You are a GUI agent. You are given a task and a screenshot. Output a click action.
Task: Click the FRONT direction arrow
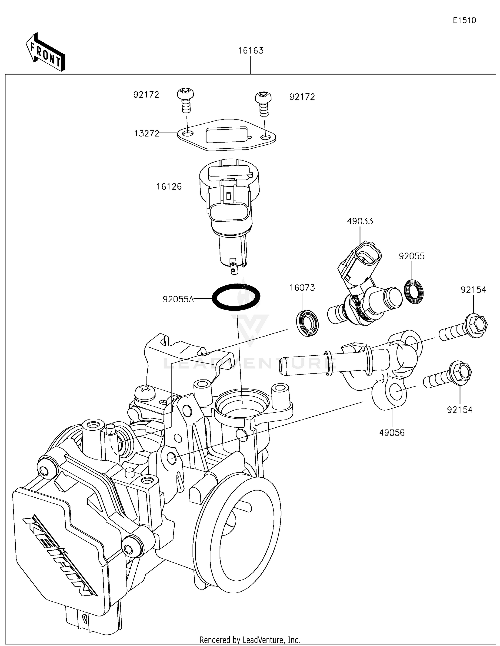pyautogui.click(x=45, y=53)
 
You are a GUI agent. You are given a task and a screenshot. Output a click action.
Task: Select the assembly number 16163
pyautogui.click(x=250, y=51)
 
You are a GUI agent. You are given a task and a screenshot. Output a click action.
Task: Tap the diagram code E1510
pyautogui.click(x=464, y=20)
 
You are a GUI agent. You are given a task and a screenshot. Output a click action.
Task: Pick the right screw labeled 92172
pyautogui.click(x=263, y=103)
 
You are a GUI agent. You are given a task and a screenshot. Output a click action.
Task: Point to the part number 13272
pyautogui.click(x=146, y=134)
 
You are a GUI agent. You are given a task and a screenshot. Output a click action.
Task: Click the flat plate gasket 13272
pyautogui.click(x=226, y=137)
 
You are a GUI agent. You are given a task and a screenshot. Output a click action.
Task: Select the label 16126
pyautogui.click(x=169, y=187)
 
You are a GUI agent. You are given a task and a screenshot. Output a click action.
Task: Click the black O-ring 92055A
pyautogui.click(x=236, y=297)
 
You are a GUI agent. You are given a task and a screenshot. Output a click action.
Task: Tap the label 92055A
pyautogui.click(x=178, y=299)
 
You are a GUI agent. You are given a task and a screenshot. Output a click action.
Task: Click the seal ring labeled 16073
pyautogui.click(x=307, y=323)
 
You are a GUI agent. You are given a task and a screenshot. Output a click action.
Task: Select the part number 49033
pyautogui.click(x=360, y=221)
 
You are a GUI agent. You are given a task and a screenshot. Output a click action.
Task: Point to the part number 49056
pyautogui.click(x=392, y=433)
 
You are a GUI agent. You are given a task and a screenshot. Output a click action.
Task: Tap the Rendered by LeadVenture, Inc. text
pyautogui.click(x=250, y=640)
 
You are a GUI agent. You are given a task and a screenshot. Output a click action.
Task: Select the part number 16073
pyautogui.click(x=302, y=288)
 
